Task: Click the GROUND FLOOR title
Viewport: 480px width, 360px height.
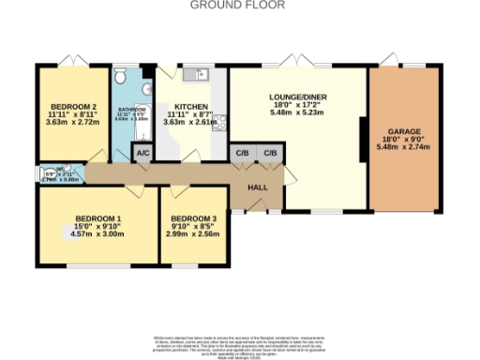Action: (x=239, y=5)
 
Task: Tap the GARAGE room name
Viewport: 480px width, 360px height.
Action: (x=407, y=132)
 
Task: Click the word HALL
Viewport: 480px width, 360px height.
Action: (x=257, y=188)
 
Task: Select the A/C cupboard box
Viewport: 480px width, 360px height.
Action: (x=143, y=153)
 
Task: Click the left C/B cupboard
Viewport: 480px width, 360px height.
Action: (x=243, y=153)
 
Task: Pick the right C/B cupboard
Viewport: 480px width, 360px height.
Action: (x=270, y=153)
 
